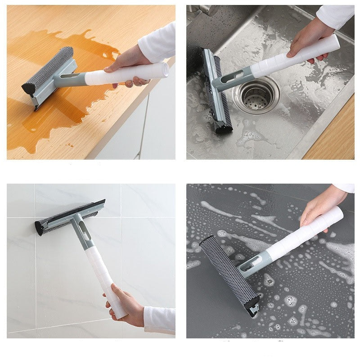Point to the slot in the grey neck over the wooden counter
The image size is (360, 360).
pyautogui.click(x=72, y=77)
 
